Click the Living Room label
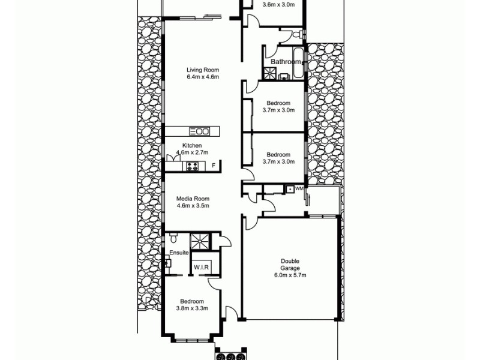(202, 70)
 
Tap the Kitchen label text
(192, 146)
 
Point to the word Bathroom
(286, 62)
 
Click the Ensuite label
(179, 253)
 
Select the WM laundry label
(299, 189)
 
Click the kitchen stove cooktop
(193, 166)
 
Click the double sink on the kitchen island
(200, 131)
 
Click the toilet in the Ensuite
(173, 237)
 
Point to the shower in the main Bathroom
(270, 74)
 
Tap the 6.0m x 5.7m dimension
(290, 275)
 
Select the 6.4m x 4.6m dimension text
(202, 77)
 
